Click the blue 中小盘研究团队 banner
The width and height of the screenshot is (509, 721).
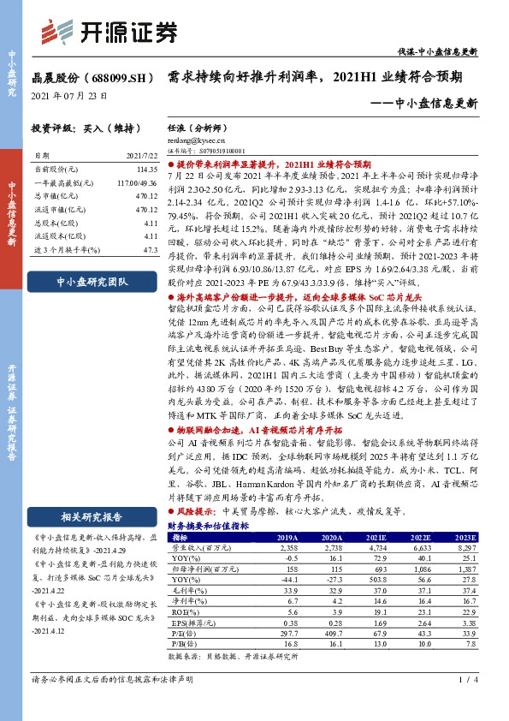tap(91, 281)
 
